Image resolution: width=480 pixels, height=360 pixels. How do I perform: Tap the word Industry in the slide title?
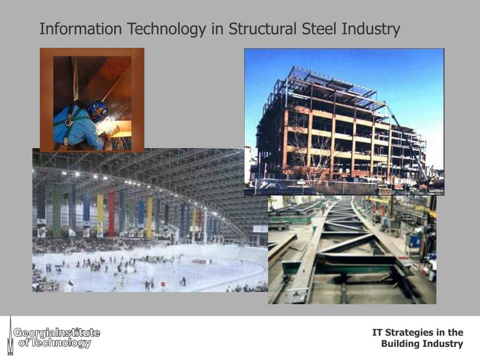tap(371, 29)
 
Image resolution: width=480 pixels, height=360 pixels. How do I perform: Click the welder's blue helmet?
tap(98, 111)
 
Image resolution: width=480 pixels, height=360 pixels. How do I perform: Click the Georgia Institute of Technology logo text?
tap(56, 338)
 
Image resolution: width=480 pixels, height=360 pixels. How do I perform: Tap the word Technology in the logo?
tap(61, 343)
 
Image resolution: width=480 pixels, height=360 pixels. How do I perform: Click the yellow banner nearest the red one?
tap(100, 213)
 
